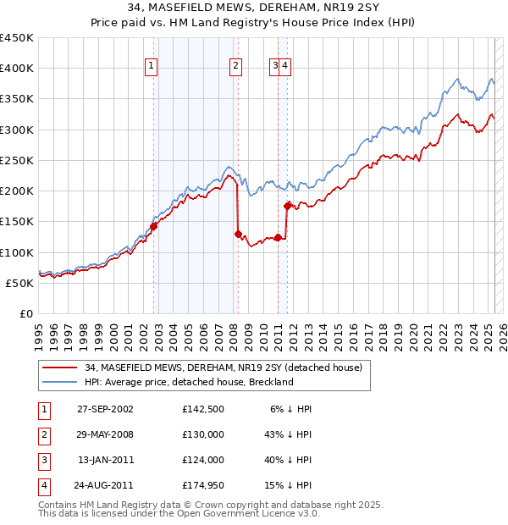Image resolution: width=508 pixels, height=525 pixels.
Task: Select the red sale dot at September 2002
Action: (x=154, y=226)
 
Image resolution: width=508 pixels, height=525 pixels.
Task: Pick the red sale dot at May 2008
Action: (x=238, y=234)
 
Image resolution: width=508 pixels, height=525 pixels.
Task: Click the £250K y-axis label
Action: (x=17, y=160)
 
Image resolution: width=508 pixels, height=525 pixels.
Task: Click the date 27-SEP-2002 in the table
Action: (x=105, y=408)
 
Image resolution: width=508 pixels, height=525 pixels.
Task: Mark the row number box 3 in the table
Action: (x=41, y=460)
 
